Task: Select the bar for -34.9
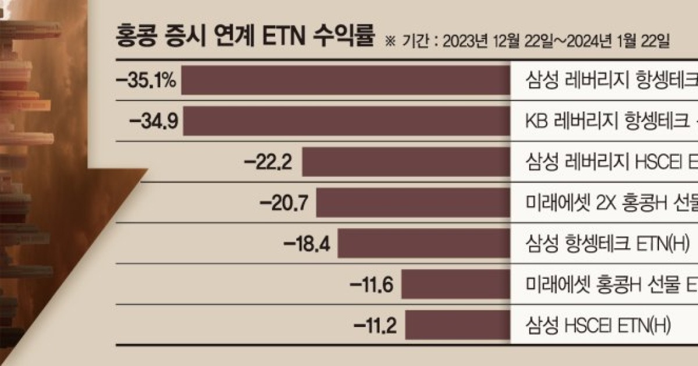pos(349,121)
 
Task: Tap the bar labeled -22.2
pos(407,162)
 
